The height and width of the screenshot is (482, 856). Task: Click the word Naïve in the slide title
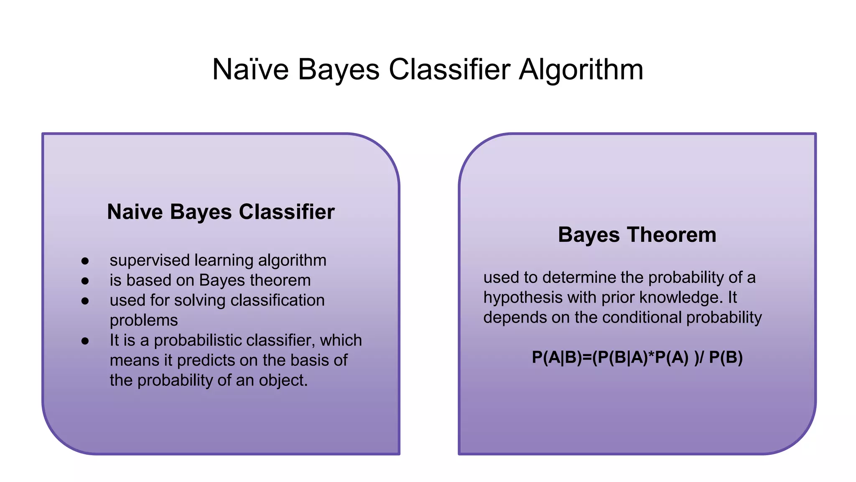[250, 69]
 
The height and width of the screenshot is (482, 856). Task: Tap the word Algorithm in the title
[581, 69]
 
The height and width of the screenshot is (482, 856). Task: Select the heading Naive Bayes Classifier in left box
[221, 212]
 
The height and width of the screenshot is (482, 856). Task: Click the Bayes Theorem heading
[637, 235]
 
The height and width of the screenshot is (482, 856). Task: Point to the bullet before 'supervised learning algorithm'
[85, 261]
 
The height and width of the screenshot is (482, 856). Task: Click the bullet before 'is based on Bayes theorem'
[85, 281]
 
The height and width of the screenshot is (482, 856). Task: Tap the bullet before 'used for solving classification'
[85, 301]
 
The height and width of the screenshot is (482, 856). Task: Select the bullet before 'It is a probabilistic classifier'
[85, 341]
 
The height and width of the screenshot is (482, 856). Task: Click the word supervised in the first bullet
[150, 261]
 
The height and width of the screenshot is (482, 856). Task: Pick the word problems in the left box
[144, 320]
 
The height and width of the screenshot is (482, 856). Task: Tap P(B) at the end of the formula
[726, 358]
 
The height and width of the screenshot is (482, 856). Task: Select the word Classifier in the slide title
[449, 69]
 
